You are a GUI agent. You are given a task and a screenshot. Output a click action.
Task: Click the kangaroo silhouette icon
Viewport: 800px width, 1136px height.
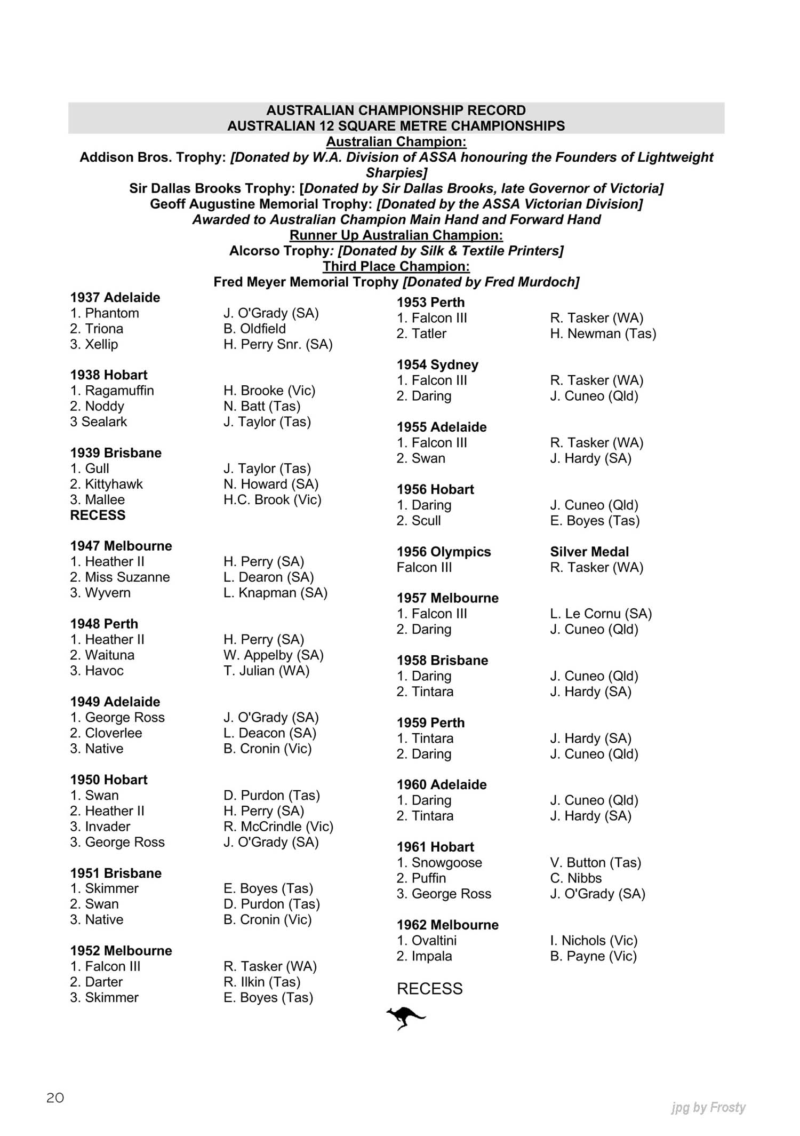(406, 1018)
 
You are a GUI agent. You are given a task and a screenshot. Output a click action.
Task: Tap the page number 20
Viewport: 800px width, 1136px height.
(55, 1098)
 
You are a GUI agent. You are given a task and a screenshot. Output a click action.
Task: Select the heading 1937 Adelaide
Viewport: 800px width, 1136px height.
(115, 298)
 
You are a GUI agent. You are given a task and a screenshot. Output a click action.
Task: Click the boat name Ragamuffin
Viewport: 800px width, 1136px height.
(119, 391)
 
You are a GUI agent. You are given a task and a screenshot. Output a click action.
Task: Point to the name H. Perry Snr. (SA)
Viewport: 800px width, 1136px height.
(278, 345)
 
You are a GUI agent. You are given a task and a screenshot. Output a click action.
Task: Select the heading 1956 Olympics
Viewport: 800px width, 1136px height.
(444, 552)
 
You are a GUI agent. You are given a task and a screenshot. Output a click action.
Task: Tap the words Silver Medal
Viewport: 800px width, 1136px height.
(589, 552)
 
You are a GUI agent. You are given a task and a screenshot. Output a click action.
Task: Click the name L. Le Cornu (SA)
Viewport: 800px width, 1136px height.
(601, 614)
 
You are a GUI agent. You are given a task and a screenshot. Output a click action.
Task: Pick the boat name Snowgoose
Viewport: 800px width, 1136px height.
(446, 863)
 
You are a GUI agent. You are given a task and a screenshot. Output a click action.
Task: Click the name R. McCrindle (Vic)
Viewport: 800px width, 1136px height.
(278, 827)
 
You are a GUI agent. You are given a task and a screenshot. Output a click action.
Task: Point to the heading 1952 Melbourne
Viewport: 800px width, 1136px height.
(121, 951)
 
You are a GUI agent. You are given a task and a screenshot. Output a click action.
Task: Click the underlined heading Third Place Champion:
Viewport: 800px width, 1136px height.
(396, 266)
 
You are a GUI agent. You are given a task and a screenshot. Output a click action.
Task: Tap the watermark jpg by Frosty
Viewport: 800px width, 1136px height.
(708, 1108)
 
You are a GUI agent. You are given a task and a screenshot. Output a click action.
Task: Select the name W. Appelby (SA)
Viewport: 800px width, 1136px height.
(274, 655)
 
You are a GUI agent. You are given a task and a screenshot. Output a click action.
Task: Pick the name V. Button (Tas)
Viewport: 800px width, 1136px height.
(596, 863)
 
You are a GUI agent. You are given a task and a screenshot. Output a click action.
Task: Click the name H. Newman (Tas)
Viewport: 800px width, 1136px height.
(603, 334)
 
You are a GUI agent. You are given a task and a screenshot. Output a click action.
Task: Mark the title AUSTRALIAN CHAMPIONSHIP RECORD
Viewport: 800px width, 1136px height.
(396, 110)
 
